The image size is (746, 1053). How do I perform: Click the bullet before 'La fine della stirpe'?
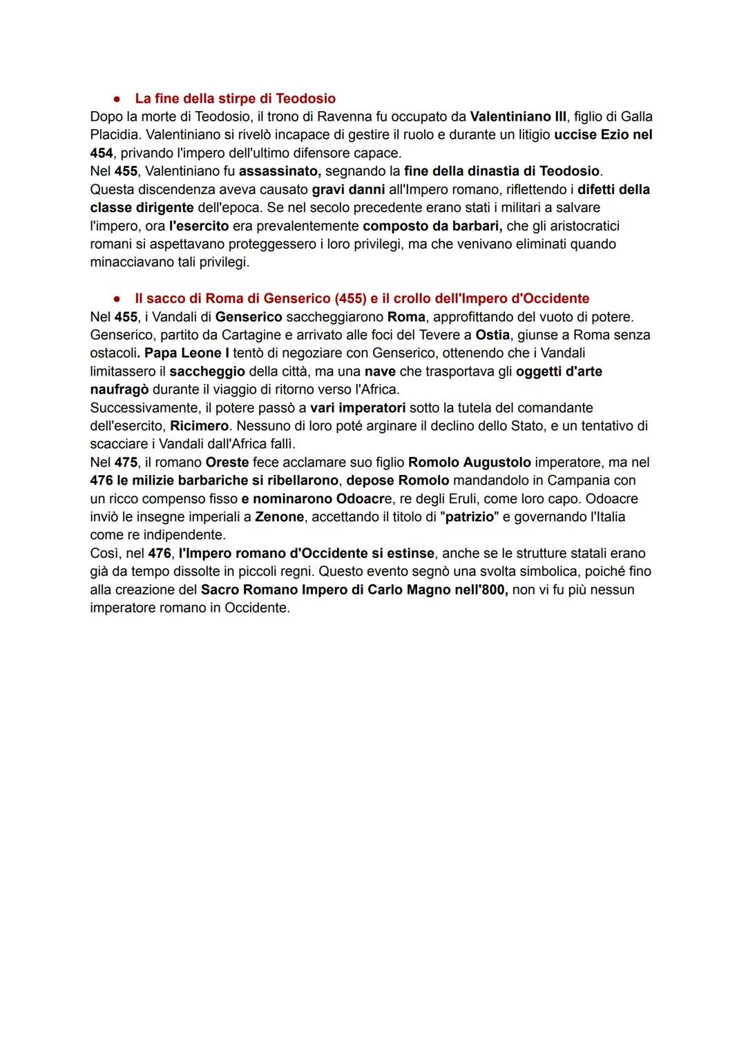pos(118,99)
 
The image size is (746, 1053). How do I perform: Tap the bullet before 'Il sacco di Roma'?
pos(118,299)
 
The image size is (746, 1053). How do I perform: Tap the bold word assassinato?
pos(280,171)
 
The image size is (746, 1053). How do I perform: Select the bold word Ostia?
pos(492,335)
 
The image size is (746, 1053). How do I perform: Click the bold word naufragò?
pos(119,389)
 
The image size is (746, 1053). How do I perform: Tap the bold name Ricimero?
pos(199,426)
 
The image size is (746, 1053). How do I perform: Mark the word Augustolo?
pos(497,462)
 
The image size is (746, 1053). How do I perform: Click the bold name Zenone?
pos(279,516)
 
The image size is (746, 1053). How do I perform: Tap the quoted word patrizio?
pos(469,516)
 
